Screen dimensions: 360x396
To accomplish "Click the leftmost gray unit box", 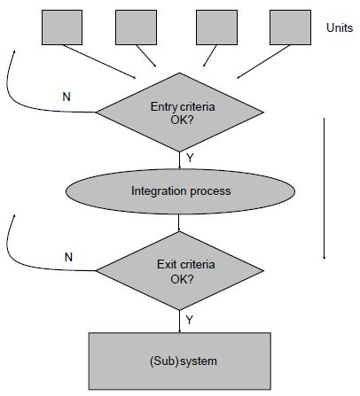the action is tap(62, 27).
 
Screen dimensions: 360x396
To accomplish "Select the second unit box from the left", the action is tap(136, 27).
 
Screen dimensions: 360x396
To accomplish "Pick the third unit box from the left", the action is tap(216, 27).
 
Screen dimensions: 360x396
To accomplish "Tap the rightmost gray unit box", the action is tap(290, 27).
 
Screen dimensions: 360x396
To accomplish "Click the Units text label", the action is tap(340, 27).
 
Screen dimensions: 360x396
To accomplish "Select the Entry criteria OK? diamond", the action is tap(180, 113).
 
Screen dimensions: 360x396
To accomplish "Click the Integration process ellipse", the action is tap(180, 191).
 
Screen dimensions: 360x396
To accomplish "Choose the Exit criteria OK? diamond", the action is tap(180, 270).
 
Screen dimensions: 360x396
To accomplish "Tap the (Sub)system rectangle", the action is tap(180, 361).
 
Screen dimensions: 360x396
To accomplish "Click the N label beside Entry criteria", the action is tap(67, 97).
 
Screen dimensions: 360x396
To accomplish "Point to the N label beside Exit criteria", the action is tap(68, 257).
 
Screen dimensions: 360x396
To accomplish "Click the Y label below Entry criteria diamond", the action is tap(190, 159).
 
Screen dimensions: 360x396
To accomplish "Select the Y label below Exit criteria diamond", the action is tap(190, 320).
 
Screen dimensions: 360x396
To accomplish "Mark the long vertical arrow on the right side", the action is tap(325, 189).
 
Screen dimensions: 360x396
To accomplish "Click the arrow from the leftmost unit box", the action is tap(99, 62).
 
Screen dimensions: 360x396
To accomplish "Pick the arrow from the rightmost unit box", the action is tap(263, 62).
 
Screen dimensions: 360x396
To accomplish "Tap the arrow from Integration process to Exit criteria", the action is tap(179, 222).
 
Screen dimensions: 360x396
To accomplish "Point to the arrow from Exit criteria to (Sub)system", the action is tap(179, 322).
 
